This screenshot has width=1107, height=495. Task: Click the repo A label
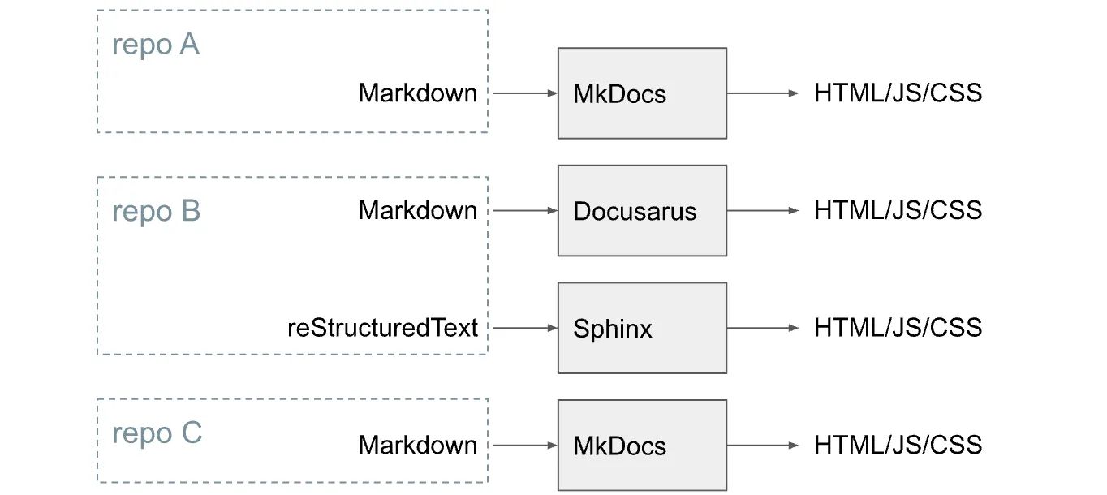(155, 45)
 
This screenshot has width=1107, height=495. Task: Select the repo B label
(156, 211)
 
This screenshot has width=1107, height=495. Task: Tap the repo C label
(157, 433)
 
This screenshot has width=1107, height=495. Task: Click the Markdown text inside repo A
(417, 93)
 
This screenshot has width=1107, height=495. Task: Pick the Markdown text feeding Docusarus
(417, 210)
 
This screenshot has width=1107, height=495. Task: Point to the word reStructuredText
(382, 328)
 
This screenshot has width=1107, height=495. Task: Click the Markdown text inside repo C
(417, 445)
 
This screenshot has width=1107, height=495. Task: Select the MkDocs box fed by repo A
(641, 93)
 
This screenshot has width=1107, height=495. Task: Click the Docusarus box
(641, 210)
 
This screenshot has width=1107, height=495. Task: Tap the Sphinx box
(641, 328)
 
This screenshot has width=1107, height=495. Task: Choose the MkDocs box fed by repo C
(641, 445)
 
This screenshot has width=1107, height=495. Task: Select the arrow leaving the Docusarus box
(762, 210)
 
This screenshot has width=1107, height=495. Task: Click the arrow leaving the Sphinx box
(762, 328)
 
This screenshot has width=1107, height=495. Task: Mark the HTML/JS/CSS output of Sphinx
(898, 328)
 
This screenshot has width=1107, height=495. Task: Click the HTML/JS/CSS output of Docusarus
(898, 210)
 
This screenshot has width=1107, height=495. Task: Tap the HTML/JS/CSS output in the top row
(898, 93)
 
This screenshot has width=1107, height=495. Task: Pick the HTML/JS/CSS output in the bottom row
(898, 445)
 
